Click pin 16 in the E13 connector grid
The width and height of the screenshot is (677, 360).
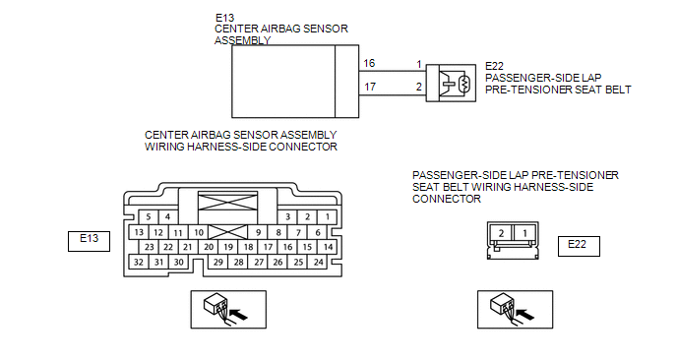(x=287, y=247)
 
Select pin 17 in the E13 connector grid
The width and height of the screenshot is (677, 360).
(x=268, y=247)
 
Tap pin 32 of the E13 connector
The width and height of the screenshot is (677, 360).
(x=139, y=262)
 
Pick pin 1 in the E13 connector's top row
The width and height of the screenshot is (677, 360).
(x=328, y=216)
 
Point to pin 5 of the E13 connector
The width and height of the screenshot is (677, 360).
(x=149, y=216)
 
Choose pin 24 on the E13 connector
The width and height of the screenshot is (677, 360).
(x=318, y=262)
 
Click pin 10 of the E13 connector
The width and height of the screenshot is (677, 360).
(x=199, y=232)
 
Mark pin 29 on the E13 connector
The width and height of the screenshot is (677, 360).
(x=218, y=262)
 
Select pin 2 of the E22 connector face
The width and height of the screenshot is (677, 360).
(x=501, y=233)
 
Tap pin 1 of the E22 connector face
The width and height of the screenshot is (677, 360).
(x=525, y=233)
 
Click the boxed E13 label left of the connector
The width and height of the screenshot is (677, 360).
(x=89, y=241)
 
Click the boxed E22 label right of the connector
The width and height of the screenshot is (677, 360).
(x=579, y=246)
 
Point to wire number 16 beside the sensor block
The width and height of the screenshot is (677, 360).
(x=369, y=64)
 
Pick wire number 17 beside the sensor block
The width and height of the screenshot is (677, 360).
(x=370, y=87)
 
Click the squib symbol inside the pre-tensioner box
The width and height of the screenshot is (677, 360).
(x=464, y=84)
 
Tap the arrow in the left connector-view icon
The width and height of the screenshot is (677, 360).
(x=238, y=314)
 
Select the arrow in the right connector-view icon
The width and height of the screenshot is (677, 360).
(x=525, y=314)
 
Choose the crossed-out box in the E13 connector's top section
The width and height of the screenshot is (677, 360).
(x=227, y=202)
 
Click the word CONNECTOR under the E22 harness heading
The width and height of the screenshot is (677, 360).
(x=447, y=199)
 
